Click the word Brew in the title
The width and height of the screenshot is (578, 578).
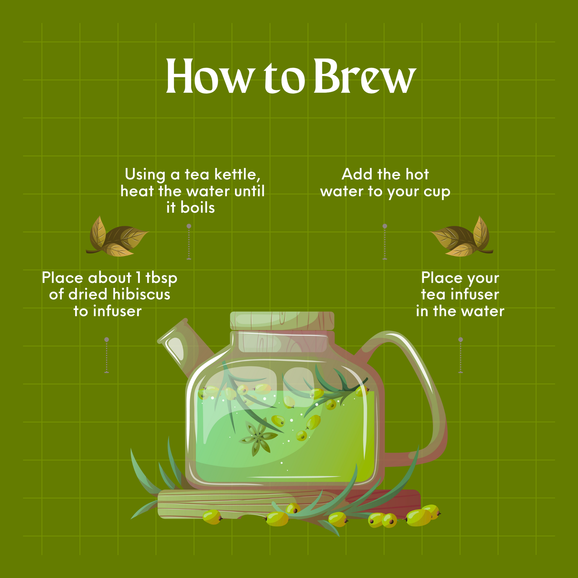[365, 76]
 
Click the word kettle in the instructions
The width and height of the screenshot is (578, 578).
[237, 174]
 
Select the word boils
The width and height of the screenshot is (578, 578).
[198, 207]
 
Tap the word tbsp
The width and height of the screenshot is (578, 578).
[161, 278]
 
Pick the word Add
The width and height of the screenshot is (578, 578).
[357, 174]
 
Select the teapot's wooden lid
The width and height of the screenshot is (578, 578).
[282, 321]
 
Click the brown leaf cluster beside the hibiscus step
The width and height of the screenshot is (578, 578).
[117, 236]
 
